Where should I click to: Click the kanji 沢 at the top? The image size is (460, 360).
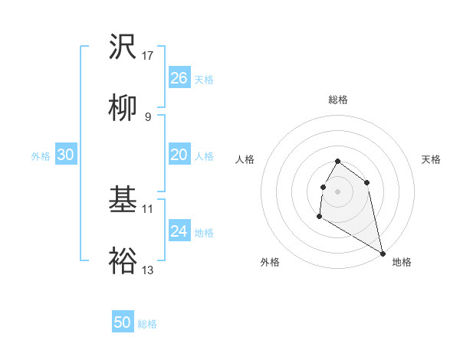(x=123, y=48)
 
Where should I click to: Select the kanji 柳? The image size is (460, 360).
(x=123, y=110)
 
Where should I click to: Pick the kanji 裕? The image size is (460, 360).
(x=123, y=262)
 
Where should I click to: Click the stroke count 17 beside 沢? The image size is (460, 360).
(x=148, y=56)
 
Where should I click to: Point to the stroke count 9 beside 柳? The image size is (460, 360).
(x=147, y=117)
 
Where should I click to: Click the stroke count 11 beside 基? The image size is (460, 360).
(x=148, y=208)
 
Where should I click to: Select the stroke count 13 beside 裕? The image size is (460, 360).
(x=148, y=270)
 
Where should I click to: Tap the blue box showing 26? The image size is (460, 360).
(x=179, y=78)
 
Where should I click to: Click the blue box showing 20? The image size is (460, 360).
(x=179, y=155)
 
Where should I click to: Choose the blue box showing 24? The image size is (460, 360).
(x=179, y=232)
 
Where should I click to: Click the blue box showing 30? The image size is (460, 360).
(x=66, y=155)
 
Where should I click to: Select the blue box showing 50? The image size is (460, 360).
(x=123, y=323)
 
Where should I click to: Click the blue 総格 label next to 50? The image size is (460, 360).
(x=147, y=324)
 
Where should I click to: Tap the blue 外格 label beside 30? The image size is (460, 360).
(x=41, y=156)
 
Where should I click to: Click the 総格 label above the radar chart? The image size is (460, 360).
(x=338, y=100)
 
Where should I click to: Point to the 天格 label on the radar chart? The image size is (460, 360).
(x=431, y=159)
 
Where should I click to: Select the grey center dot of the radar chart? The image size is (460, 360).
(x=337, y=191)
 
